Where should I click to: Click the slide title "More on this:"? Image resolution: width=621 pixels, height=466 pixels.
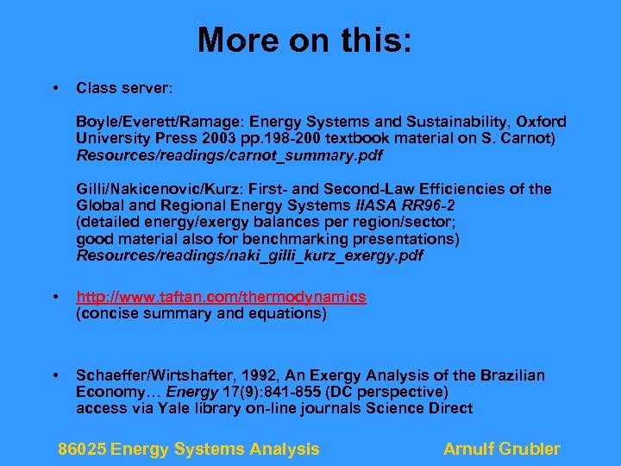pos(305,40)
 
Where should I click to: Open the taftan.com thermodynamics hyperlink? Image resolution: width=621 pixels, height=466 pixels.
pos(221,297)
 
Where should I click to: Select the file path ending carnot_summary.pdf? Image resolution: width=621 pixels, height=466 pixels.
pos(229,156)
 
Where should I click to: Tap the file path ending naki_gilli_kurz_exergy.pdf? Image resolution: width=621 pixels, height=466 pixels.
pos(250,255)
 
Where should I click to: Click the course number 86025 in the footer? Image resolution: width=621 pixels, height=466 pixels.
pos(82,449)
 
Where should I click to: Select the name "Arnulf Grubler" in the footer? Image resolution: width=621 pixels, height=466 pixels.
pos(501,449)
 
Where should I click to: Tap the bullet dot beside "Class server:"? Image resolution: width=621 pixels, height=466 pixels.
pos(55,88)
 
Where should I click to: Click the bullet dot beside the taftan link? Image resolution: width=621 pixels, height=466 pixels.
pos(55,297)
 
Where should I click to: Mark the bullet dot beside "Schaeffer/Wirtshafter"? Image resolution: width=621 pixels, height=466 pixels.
pos(55,375)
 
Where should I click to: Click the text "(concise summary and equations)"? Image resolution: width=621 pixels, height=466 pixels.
pos(202,313)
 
